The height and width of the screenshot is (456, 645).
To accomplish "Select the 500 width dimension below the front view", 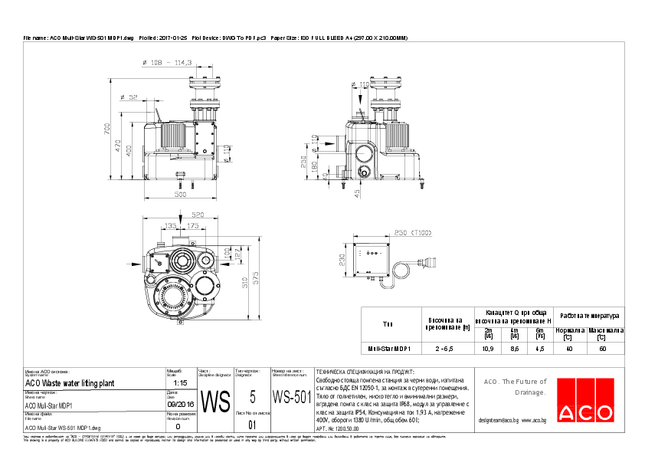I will [179, 195].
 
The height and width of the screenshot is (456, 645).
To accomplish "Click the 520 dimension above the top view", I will [197, 215].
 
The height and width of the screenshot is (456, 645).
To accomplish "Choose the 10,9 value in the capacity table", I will [486, 349].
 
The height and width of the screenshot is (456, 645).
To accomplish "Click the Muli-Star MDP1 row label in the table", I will [390, 349].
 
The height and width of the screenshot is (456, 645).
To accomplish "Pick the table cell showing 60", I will [603, 349].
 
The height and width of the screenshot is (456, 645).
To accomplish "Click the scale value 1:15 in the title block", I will [181, 382].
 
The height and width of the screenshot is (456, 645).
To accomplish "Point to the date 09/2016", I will [181, 402].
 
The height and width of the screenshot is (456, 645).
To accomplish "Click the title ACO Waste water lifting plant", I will [70, 382].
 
